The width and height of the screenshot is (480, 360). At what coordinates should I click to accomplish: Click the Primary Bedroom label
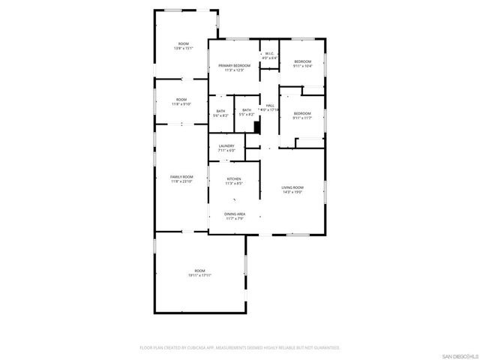(x=234, y=66)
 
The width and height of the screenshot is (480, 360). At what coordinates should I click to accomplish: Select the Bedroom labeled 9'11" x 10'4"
(x=302, y=61)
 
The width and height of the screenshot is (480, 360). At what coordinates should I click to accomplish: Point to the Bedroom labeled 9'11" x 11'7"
(x=302, y=113)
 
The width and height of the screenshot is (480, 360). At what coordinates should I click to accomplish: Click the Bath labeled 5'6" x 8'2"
(x=220, y=111)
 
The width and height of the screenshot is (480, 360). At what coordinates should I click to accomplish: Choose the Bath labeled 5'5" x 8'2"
(x=246, y=111)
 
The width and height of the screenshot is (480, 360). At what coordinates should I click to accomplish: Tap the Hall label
(x=269, y=106)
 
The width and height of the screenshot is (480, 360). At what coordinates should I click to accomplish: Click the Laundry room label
(x=226, y=145)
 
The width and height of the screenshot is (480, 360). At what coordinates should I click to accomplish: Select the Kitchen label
(x=234, y=178)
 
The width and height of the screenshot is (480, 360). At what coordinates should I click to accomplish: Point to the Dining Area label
(x=234, y=214)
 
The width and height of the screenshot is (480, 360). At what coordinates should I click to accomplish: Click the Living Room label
(x=292, y=187)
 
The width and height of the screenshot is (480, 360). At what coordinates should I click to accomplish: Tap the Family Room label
(x=181, y=176)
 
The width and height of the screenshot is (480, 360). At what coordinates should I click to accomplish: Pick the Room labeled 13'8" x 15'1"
(x=183, y=43)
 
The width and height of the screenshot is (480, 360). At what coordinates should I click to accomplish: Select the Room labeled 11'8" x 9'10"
(x=181, y=100)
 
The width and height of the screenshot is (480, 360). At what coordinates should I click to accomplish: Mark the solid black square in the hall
(x=257, y=127)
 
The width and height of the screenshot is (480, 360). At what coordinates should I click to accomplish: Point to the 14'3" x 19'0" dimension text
(x=292, y=192)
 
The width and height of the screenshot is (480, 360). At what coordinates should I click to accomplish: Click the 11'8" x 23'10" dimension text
(x=181, y=181)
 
